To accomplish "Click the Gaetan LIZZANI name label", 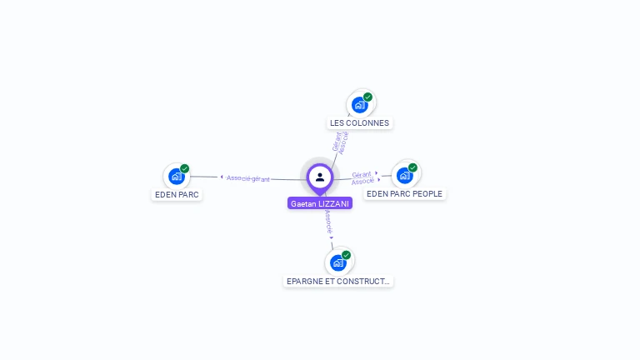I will point(320,203).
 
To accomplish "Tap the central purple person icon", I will point(320,177).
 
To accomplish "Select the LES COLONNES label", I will point(359,122).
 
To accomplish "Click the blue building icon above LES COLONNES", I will point(359,105).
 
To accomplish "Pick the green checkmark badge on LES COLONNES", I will point(367,97).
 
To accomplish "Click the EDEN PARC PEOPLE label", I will point(404,193).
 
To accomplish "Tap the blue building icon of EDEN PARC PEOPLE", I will point(404,175).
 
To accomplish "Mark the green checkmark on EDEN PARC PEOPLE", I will point(412,167).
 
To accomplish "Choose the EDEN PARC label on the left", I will point(177,194).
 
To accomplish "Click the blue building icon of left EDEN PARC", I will point(176,176).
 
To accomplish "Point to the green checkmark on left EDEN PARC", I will point(185,168).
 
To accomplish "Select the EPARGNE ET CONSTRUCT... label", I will point(337,281).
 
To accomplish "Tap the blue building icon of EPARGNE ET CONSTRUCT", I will point(337,262).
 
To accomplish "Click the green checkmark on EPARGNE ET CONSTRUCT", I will point(346,255).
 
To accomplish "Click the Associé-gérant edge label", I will point(248,178).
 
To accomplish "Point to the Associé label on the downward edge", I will point(328,222).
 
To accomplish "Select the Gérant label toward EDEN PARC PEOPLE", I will point(361,174).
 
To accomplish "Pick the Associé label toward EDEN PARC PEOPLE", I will point(362,181).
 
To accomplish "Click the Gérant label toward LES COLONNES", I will point(336,142).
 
